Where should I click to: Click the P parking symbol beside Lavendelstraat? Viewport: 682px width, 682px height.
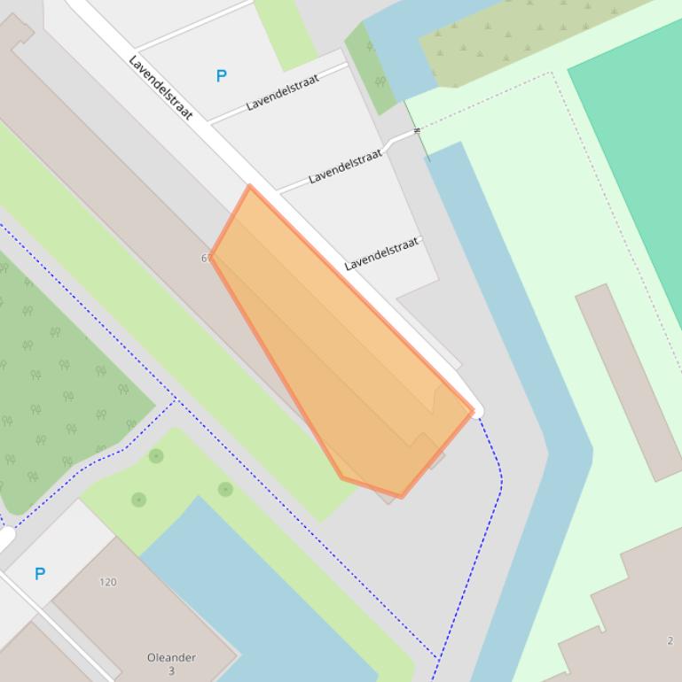(221, 76)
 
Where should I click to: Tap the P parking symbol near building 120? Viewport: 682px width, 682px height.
(40, 574)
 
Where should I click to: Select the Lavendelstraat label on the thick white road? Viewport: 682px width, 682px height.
(161, 87)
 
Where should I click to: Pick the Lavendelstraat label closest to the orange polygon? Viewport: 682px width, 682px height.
(380, 254)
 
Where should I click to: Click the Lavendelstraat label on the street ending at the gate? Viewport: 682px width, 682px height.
(345, 167)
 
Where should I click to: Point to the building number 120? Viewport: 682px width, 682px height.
(107, 582)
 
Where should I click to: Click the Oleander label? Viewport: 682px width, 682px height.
(171, 657)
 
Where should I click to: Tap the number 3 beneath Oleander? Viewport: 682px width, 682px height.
(171, 670)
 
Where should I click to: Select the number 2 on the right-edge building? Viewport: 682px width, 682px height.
(670, 640)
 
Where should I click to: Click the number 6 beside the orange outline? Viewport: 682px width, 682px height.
(205, 258)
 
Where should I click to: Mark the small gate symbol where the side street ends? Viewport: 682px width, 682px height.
(417, 131)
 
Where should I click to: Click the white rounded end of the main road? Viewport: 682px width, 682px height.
(477, 411)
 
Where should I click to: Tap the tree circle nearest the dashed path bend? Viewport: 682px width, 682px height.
(156, 456)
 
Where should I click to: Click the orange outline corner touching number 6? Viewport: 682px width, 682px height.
(211, 256)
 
